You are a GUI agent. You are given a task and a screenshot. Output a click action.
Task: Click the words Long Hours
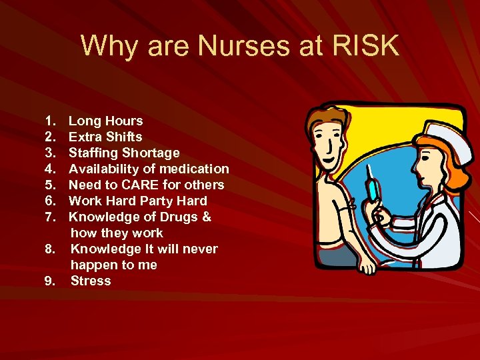pos(106,121)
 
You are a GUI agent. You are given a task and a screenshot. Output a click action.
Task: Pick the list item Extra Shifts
pos(105,137)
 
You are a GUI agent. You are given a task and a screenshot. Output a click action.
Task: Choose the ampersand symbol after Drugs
pos(207,217)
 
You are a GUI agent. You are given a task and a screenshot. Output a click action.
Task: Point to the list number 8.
pos(49,249)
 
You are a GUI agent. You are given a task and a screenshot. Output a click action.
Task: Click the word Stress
pos(91,281)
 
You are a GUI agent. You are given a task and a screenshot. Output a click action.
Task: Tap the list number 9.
pos(49,281)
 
